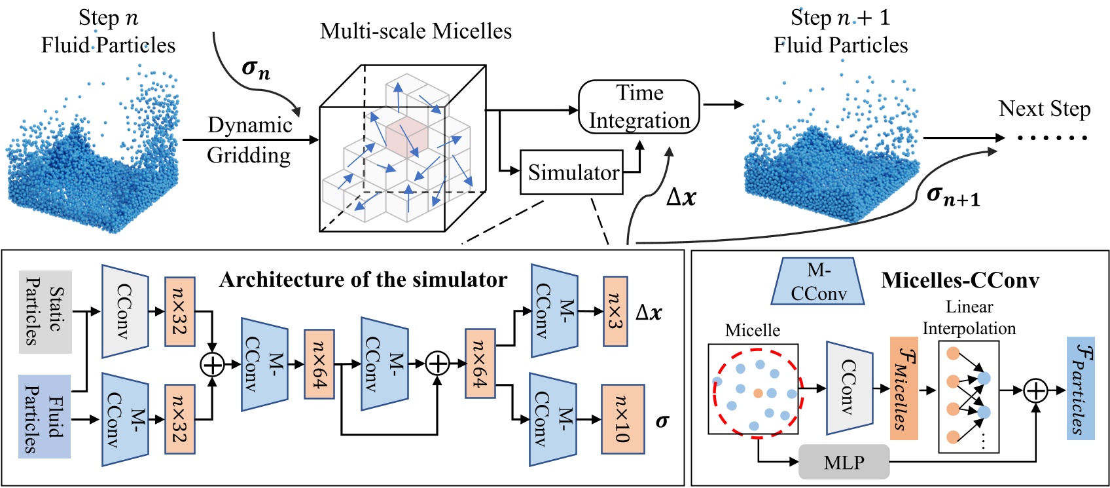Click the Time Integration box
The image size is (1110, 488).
[639, 107]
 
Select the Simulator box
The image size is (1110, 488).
[571, 172]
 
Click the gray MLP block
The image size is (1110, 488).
[844, 462]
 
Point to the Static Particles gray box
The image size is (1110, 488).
[45, 312]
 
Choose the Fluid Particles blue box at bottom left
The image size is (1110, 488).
[45, 417]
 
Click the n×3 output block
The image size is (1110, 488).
[615, 312]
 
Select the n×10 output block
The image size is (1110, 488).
[622, 420]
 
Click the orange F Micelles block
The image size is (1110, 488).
[904, 388]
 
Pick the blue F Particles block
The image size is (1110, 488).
[1081, 388]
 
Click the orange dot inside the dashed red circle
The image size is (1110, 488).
[757, 393]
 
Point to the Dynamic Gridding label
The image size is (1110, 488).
[249, 140]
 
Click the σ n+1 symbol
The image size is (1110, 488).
[953, 195]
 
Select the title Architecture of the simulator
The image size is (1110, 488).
[363, 280]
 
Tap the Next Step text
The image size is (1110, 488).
[1044, 109]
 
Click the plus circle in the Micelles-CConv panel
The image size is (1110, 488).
[1035, 390]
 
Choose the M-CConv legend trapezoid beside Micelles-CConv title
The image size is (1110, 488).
[818, 282]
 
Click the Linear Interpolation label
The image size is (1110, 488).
[969, 317]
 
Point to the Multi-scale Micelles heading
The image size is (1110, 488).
[416, 31]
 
